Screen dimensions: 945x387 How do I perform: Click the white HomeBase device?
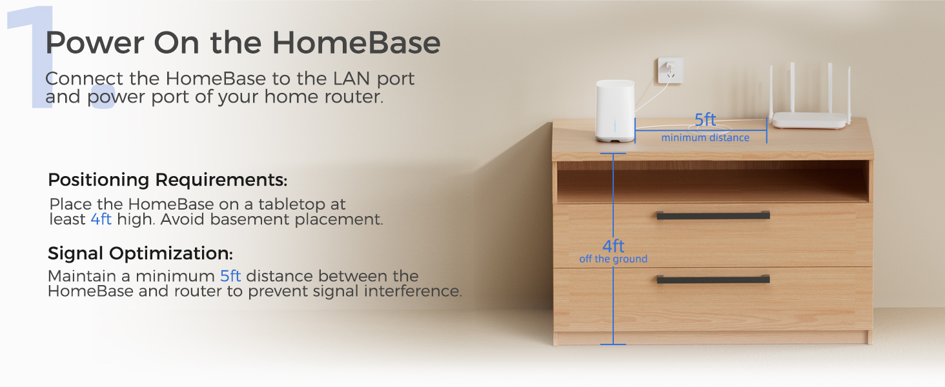[x=615, y=111]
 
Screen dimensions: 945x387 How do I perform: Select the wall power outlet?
[x=671, y=70]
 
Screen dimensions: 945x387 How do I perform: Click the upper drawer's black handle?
[x=713, y=215]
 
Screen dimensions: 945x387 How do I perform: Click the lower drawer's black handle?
[x=713, y=279]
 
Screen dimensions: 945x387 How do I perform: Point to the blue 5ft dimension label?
[x=706, y=120]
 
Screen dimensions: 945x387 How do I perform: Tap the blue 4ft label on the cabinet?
[x=613, y=246]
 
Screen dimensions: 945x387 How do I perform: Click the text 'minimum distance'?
[x=706, y=138]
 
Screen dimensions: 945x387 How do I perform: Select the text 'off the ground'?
[x=613, y=259]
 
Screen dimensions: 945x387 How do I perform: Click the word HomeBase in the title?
[x=356, y=43]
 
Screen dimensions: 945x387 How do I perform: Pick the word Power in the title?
[x=95, y=43]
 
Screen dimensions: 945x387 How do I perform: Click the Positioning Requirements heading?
[x=167, y=180]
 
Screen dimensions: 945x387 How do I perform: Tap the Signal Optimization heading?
[x=140, y=253]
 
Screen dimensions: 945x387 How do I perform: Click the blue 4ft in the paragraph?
[x=101, y=219]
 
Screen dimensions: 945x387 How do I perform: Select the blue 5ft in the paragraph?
[x=230, y=276]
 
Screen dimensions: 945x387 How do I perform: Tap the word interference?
[x=412, y=291]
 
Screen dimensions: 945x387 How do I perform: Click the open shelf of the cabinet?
[x=713, y=182]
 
